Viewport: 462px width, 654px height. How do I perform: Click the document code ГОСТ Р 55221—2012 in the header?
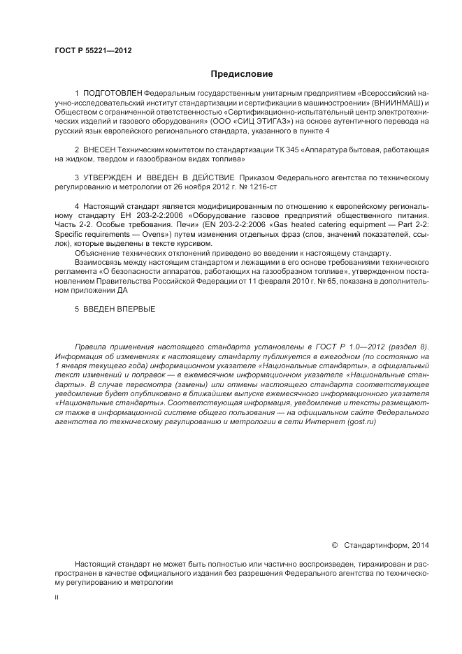pyautogui.click(x=93, y=50)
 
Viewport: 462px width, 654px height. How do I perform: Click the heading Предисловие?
pyautogui.click(x=240, y=73)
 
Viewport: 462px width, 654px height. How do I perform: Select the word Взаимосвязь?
pyautogui.click(x=97, y=261)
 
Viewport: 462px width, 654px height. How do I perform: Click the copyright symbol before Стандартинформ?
pyautogui.click(x=334, y=544)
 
